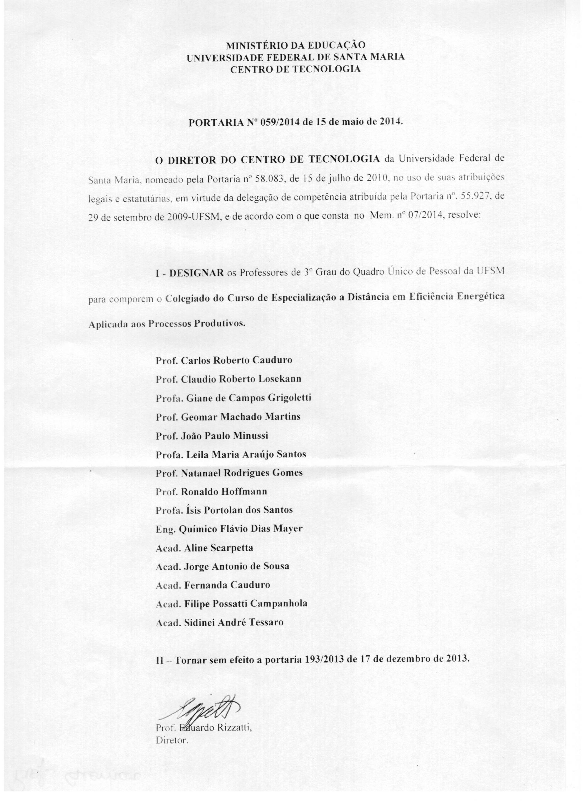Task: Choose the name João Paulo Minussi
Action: (224, 436)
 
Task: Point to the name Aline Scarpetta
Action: (218, 548)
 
